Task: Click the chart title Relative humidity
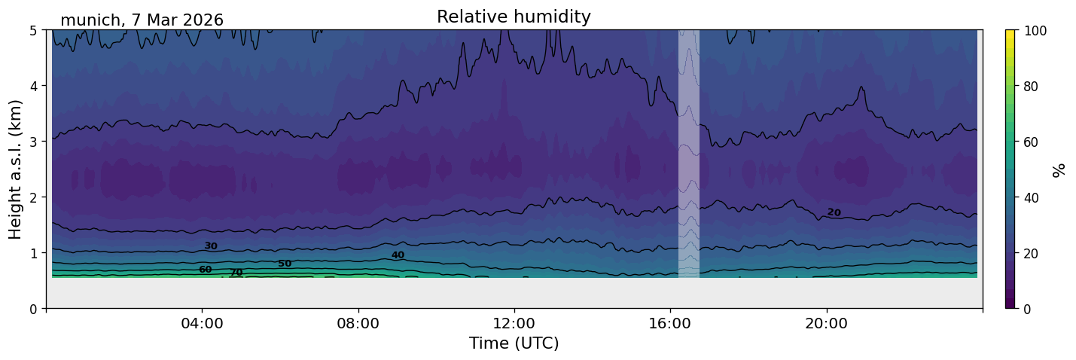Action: tap(514, 17)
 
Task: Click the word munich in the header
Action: tap(90, 20)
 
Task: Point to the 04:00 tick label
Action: tap(202, 323)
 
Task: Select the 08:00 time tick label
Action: tap(358, 323)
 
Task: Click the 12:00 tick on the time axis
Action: tap(514, 323)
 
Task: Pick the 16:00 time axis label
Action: tap(670, 323)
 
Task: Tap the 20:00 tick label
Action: tap(826, 323)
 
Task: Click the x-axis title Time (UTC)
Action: tap(514, 343)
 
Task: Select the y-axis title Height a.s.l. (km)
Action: tap(15, 169)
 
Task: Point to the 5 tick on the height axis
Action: tap(33, 31)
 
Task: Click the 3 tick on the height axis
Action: tap(33, 142)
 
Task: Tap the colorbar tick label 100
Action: tap(1035, 31)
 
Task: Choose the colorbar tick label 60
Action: tap(1031, 142)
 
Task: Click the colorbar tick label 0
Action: tap(1027, 309)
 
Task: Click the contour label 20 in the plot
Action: tap(834, 212)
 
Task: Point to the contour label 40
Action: tap(398, 255)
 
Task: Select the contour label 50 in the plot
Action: tap(285, 264)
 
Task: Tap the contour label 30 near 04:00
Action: tap(211, 246)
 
